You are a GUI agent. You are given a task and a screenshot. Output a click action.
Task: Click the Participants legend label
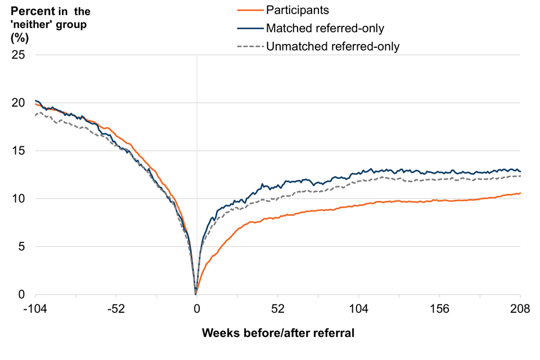[297, 10]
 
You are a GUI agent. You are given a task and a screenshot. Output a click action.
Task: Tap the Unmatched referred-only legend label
[332, 46]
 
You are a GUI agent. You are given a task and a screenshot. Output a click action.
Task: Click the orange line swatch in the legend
[246, 10]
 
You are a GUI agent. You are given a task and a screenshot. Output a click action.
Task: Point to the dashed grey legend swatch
[246, 46]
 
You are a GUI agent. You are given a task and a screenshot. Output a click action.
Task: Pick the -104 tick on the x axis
[35, 308]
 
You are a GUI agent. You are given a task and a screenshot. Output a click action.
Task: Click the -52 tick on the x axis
[116, 308]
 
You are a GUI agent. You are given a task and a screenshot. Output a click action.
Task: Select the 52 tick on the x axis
[277, 308]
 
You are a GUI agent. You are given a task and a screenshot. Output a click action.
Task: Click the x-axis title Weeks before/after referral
[278, 333]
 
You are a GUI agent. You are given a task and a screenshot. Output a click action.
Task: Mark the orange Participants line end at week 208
[520, 193]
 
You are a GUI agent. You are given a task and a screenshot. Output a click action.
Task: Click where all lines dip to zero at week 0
[196, 292]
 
